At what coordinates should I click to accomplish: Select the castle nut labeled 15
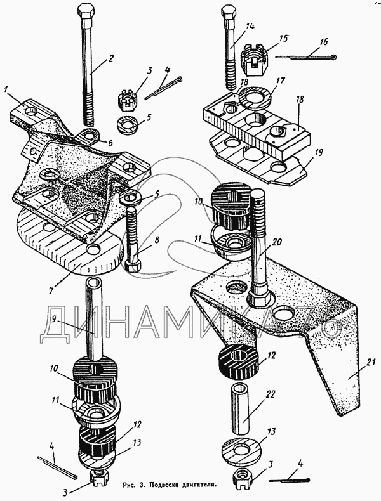(254, 60)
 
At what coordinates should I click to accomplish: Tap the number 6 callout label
(110, 143)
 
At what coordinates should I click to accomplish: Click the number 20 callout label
(277, 242)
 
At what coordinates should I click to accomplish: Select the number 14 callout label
(250, 26)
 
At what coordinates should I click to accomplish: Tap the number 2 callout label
(110, 58)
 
